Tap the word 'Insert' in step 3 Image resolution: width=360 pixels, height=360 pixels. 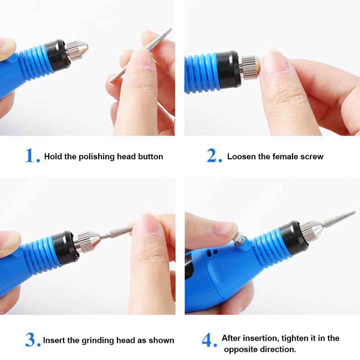pyautogui.click(x=54, y=340)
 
